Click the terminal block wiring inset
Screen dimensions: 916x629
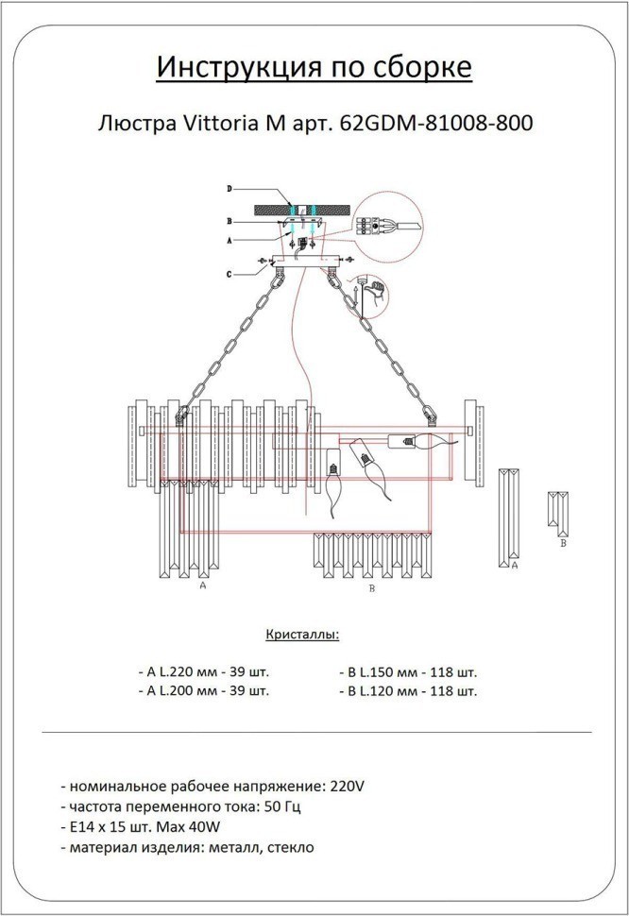tap(380, 225)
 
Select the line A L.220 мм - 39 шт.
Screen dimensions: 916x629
tap(203, 673)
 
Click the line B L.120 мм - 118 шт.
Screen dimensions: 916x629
tap(408, 691)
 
